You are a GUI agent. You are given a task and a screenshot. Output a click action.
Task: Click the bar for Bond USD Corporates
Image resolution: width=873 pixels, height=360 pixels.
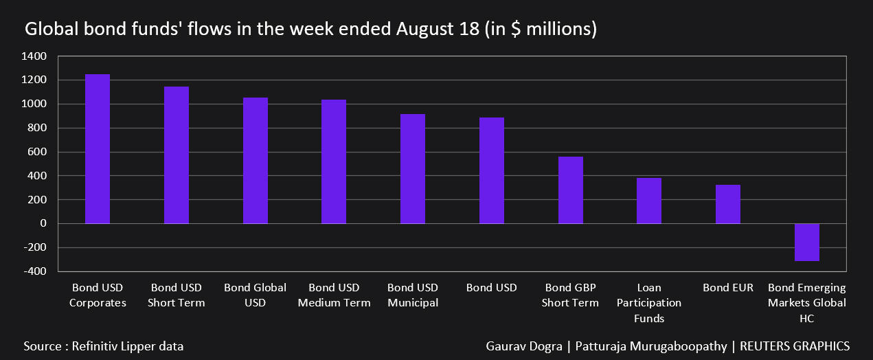[x=98, y=149]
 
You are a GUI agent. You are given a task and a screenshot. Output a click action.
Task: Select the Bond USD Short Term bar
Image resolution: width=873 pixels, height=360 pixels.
[x=177, y=155]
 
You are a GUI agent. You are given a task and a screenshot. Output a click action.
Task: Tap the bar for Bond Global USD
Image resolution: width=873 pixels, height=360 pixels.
[x=256, y=161]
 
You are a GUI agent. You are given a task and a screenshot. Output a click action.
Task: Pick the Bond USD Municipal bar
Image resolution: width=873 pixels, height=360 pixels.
[x=413, y=169]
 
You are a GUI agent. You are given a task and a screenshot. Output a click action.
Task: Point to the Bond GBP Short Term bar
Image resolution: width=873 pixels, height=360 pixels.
[x=570, y=190]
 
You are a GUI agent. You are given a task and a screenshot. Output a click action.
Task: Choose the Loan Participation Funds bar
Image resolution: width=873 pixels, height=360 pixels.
[x=649, y=201]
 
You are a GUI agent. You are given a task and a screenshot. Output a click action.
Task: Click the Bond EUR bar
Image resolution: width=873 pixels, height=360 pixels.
[x=728, y=204]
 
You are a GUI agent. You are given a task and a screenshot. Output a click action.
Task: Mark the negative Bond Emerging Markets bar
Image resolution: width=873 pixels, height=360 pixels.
[x=807, y=242]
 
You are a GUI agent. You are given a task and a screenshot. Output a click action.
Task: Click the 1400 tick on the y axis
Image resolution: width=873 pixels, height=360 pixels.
[x=34, y=56]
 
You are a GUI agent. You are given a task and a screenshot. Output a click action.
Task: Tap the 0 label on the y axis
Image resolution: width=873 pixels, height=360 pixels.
[x=43, y=224]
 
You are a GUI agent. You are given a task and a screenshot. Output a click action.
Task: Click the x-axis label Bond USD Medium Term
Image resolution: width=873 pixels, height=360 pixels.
[x=334, y=295]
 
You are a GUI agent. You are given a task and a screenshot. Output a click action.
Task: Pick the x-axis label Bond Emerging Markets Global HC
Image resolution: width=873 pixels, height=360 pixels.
[x=807, y=303]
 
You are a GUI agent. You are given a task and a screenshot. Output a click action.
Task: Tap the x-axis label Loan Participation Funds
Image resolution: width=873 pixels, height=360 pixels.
[x=649, y=303]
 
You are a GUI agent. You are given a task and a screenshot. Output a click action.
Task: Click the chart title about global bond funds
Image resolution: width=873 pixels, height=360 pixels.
[x=310, y=30]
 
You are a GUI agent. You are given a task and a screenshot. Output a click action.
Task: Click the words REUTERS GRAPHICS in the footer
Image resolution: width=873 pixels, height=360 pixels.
[x=795, y=346]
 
